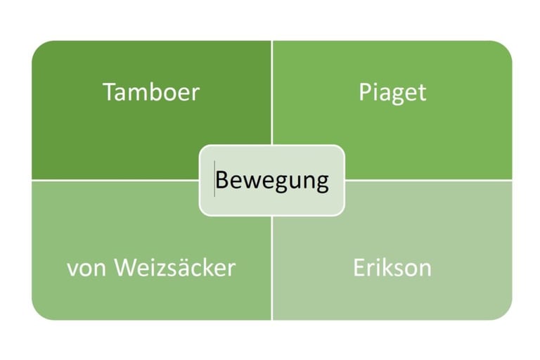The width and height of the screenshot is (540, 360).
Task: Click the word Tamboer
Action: [151, 92]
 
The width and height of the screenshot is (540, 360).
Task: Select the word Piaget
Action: [392, 93]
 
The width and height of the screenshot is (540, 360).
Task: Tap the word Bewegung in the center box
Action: [272, 180]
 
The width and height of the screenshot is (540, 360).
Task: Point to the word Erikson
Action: [392, 268]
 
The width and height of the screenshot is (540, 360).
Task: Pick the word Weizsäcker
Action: [174, 268]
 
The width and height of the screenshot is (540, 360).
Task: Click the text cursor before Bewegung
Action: [214, 179]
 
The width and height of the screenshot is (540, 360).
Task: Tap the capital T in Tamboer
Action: [109, 92]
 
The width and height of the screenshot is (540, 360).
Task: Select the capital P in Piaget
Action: [365, 92]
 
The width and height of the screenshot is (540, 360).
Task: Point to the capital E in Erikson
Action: [359, 268]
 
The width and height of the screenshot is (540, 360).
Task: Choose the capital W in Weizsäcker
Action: [124, 268]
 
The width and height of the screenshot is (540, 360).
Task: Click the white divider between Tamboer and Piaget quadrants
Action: [271, 91]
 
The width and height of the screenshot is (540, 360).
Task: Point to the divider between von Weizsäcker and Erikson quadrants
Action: [271, 267]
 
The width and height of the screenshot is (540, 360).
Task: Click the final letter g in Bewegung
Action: [322, 182]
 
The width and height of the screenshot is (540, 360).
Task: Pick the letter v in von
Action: [72, 269]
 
